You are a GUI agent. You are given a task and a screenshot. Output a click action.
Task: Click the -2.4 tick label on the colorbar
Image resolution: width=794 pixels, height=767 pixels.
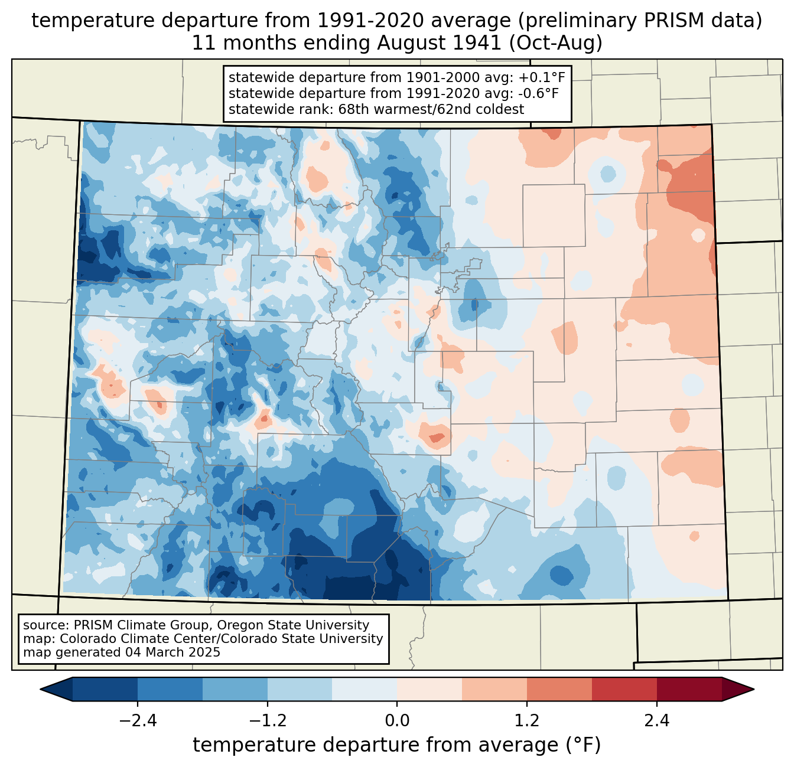(x=138, y=721)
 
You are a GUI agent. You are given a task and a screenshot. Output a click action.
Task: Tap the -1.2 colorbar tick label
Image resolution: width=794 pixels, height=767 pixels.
(x=267, y=721)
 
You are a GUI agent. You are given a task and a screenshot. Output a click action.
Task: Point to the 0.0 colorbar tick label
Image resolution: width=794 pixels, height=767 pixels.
(x=397, y=721)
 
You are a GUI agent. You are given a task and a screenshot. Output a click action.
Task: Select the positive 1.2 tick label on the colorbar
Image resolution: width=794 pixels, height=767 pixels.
(x=527, y=721)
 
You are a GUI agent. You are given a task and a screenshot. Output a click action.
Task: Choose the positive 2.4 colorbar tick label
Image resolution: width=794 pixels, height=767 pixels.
(x=656, y=721)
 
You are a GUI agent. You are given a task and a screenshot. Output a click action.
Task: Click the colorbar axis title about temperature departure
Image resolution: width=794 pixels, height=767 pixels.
(x=397, y=745)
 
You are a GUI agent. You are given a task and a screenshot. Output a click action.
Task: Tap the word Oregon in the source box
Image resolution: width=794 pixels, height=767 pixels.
(x=232, y=625)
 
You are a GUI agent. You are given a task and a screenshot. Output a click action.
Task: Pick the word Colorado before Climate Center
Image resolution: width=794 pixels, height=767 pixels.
(x=86, y=639)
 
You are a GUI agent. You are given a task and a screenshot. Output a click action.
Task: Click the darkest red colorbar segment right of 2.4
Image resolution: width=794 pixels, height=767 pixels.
(x=689, y=689)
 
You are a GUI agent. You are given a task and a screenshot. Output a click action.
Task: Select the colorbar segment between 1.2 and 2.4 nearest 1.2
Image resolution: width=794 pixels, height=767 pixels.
(x=559, y=689)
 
